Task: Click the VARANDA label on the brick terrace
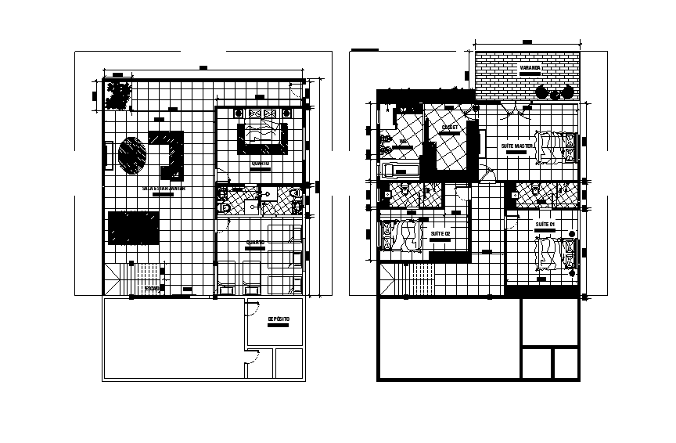tap(530, 68)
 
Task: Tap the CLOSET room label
tap(450, 127)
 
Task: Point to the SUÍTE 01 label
tap(545, 225)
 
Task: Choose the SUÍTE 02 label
tap(440, 234)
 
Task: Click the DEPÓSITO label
tap(279, 319)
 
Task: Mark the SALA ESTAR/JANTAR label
tap(164, 189)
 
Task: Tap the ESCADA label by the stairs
tap(153, 289)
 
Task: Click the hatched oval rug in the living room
tap(132, 153)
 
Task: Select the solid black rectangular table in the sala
tap(134, 227)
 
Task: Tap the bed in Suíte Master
tap(556, 146)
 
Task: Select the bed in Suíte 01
tap(556, 252)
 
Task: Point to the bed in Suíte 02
tap(403, 236)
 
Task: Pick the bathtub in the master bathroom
tap(399, 170)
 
